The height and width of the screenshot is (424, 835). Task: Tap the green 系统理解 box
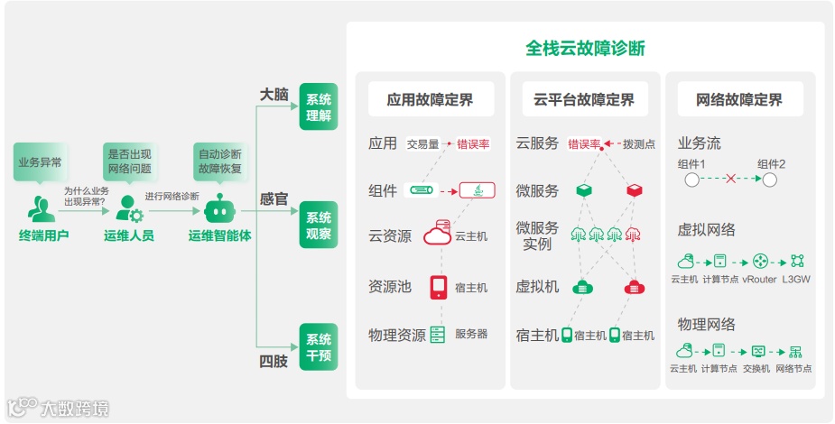point(319,106)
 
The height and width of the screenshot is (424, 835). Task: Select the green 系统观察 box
point(319,225)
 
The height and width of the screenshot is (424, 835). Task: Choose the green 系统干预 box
point(319,346)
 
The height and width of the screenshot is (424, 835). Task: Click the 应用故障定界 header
point(430,100)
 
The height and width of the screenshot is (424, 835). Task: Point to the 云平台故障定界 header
point(584,100)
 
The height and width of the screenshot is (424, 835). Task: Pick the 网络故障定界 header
point(739,100)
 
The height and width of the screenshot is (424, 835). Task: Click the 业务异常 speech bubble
point(40,162)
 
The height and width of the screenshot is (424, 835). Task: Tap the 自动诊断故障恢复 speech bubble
point(219,161)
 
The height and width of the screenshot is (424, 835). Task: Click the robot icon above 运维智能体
point(218,209)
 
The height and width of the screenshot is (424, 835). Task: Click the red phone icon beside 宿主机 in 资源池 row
point(439,287)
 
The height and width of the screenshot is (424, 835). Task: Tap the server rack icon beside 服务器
point(438,334)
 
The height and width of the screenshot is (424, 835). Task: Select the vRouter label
point(759,280)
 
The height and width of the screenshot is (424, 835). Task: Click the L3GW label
point(796,280)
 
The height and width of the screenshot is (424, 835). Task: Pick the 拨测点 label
point(639,143)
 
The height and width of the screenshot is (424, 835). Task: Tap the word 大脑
point(274,94)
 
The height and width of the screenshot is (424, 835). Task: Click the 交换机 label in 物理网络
point(756,368)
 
